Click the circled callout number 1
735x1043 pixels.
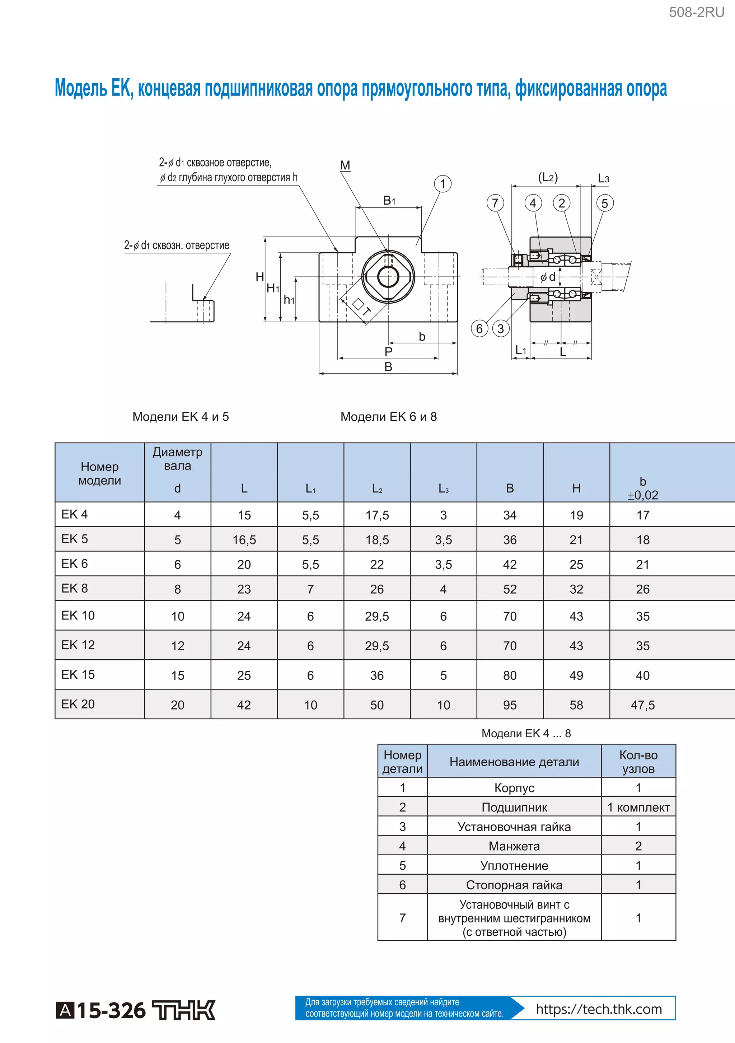443,184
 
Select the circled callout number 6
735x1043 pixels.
479,328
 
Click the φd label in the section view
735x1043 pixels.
548,277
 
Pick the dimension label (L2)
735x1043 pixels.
548,177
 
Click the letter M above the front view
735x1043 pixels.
345,165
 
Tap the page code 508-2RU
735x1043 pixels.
696,12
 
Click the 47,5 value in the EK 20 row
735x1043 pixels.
642,705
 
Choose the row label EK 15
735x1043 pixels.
78,675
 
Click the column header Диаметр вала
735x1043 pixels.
177,459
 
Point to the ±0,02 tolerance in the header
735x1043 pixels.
642,495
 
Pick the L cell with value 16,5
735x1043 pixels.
244,540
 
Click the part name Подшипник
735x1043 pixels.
514,807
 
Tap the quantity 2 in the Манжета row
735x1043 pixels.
638,846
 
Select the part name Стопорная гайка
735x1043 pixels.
514,885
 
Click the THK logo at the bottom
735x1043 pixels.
183,1010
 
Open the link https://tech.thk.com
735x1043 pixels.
599,1009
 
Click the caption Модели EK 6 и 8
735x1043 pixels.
388,417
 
